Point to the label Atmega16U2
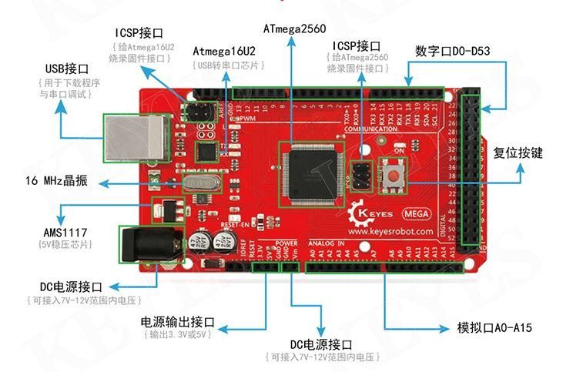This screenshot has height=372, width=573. coord(224,52)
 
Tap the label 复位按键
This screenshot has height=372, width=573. coord(518,152)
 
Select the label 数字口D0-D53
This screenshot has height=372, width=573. coord(452,51)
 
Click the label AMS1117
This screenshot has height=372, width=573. coord(51,230)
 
